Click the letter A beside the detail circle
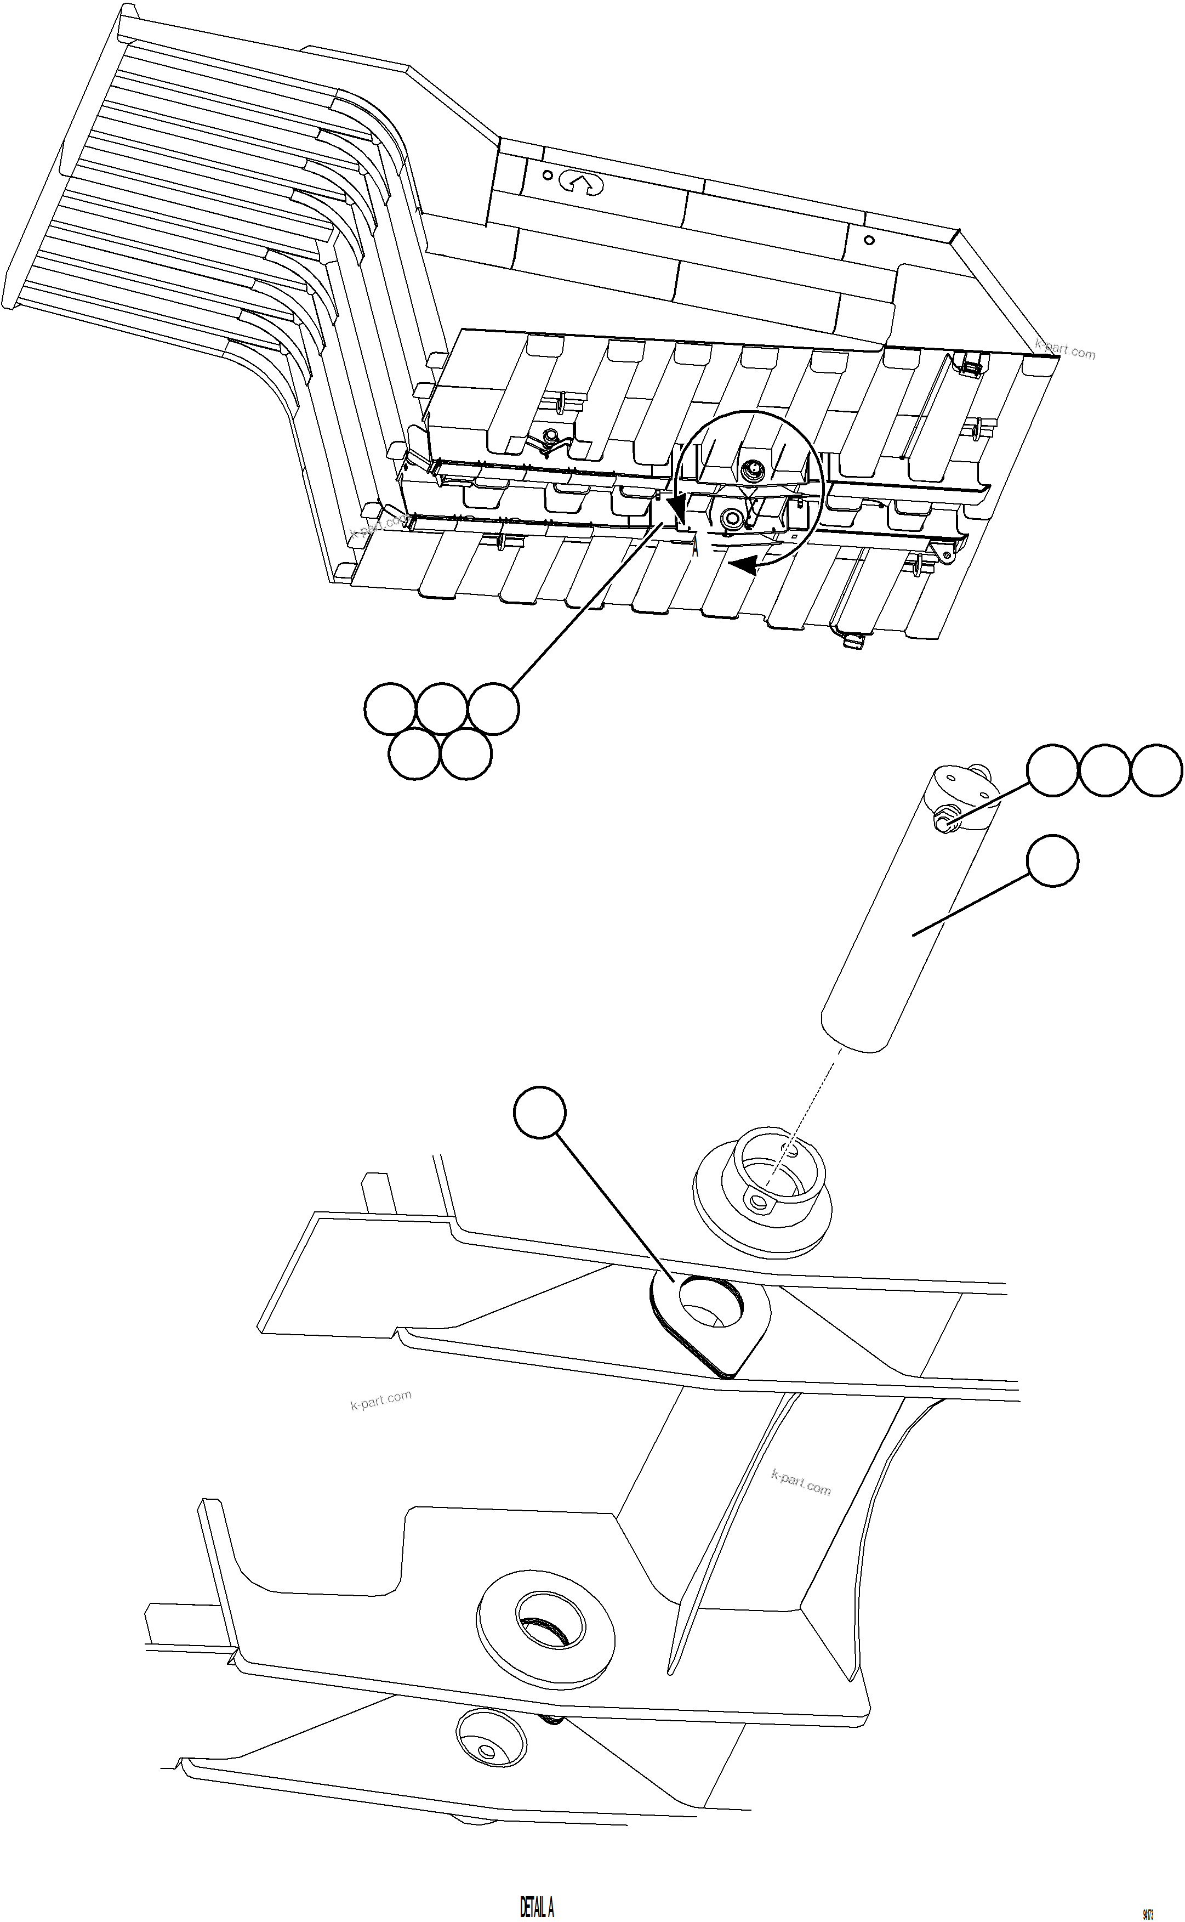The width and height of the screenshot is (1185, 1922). pyautogui.click(x=695, y=549)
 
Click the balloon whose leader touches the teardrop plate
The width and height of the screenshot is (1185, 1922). pyautogui.click(x=539, y=1112)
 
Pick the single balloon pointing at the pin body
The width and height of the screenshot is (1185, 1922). pyautogui.click(x=1052, y=861)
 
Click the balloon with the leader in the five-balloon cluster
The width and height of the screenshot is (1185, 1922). pyautogui.click(x=493, y=708)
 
